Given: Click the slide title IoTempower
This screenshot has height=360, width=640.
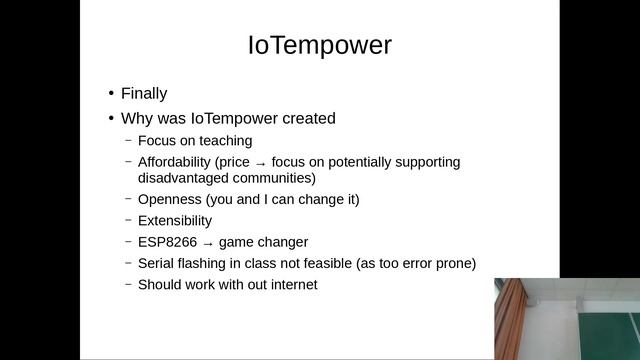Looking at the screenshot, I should click(x=319, y=45).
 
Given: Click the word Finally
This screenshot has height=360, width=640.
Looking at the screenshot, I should click(x=144, y=94).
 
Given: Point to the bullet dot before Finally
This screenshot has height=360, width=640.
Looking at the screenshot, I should click(x=112, y=94).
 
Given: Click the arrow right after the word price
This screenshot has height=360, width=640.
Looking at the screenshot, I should click(x=260, y=163).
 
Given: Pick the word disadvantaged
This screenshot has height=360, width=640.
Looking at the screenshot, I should click(x=183, y=178).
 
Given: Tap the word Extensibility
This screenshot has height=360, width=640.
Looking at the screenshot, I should click(x=175, y=220).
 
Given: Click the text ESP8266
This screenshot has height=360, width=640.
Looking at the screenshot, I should click(x=166, y=242).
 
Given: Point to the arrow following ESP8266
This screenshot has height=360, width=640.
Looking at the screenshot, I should click(x=208, y=243).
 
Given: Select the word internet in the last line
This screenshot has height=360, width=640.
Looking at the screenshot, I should click(x=291, y=284).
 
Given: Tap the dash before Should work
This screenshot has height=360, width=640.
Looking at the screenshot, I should click(x=128, y=284).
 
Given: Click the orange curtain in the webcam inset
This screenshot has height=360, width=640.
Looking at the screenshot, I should click(x=508, y=320).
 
